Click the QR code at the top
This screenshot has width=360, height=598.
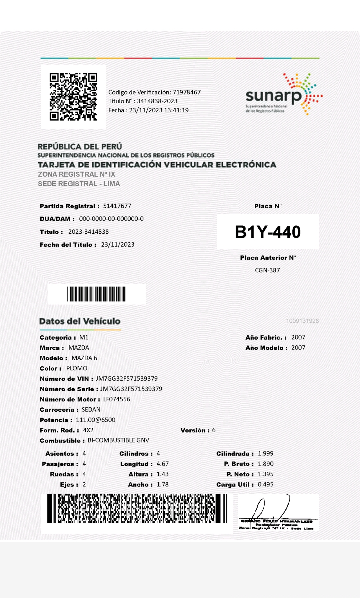point(73,97)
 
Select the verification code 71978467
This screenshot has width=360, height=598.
point(186,92)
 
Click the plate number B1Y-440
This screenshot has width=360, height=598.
point(268,232)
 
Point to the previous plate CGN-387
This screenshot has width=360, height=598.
point(267,270)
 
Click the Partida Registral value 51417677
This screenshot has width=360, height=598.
point(117,206)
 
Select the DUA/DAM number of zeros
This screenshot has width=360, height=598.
point(111,219)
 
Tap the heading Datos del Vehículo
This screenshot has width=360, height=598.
point(80,321)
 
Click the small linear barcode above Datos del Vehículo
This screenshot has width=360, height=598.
point(97,294)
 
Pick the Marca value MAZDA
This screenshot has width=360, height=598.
point(79,348)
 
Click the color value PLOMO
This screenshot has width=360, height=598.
point(77,368)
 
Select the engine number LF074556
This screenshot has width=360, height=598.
point(117,399)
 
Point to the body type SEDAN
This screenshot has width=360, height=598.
point(91,410)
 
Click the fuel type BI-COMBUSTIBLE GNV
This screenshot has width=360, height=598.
point(118,440)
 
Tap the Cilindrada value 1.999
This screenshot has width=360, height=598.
point(266,453)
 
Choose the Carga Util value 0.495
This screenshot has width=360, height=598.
point(266,484)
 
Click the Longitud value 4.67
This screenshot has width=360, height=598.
point(163,464)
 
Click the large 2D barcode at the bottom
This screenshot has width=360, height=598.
point(137,509)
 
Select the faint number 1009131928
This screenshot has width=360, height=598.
point(302,321)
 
